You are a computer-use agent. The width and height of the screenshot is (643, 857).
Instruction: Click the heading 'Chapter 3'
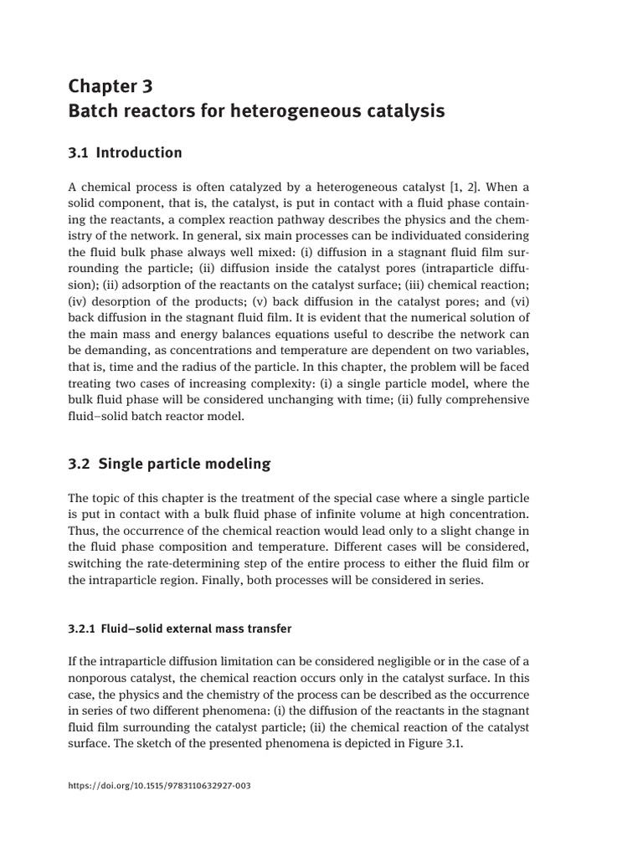pos(111,86)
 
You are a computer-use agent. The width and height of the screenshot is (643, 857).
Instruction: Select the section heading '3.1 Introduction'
pos(125,152)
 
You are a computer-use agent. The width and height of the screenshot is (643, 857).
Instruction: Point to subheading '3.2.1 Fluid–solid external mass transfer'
pos(179,628)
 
